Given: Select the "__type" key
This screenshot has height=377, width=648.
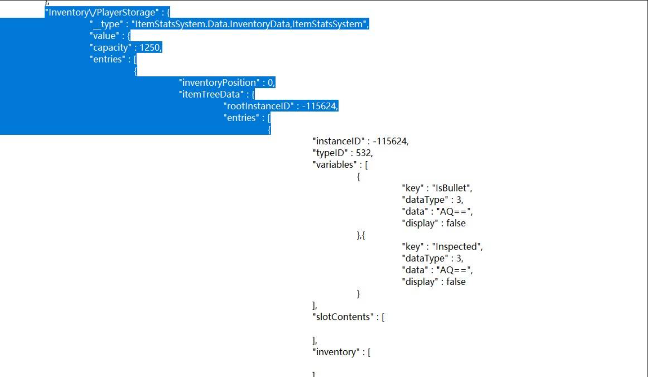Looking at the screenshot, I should click(x=106, y=24).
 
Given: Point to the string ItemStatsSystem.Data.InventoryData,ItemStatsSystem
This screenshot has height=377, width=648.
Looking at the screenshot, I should click(x=249, y=24).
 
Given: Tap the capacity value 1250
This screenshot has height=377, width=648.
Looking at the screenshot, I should click(x=151, y=48).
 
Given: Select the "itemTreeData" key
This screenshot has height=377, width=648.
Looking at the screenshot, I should click(x=209, y=94).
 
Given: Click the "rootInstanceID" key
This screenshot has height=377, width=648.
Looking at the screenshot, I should click(x=259, y=106).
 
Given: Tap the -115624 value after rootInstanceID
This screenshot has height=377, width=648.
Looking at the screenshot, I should click(x=320, y=106).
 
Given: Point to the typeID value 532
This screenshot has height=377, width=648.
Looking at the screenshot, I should click(x=364, y=153).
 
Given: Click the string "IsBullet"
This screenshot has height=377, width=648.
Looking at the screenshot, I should click(x=451, y=188).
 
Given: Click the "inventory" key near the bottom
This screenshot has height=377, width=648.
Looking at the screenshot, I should click(x=337, y=352).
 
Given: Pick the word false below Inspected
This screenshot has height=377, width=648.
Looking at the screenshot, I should click(x=456, y=282).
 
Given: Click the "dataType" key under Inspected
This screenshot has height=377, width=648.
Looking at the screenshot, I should click(x=424, y=258).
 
